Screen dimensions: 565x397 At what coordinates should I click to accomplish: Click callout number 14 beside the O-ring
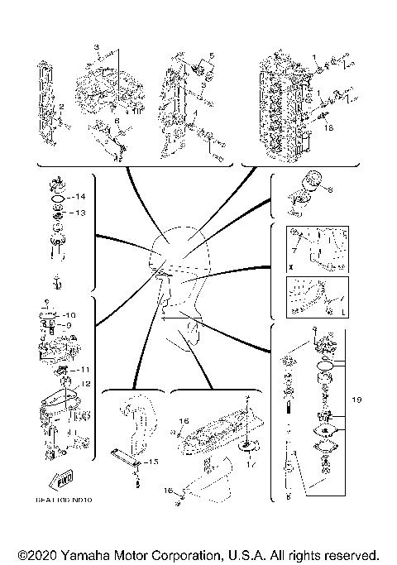click(x=81, y=198)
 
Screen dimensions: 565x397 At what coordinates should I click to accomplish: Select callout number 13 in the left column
click(x=81, y=213)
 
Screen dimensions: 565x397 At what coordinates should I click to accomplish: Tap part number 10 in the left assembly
click(x=70, y=315)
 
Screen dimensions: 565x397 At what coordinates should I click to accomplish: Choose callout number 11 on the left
click(x=84, y=369)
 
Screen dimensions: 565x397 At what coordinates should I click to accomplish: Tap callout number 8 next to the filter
click(x=331, y=189)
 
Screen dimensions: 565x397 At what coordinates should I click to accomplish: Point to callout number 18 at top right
click(x=328, y=129)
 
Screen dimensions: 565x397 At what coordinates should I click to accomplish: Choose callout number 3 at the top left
click(x=96, y=42)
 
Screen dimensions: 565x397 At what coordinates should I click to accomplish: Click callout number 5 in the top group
click(x=211, y=55)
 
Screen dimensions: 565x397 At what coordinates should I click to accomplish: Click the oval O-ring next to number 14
click(x=58, y=199)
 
